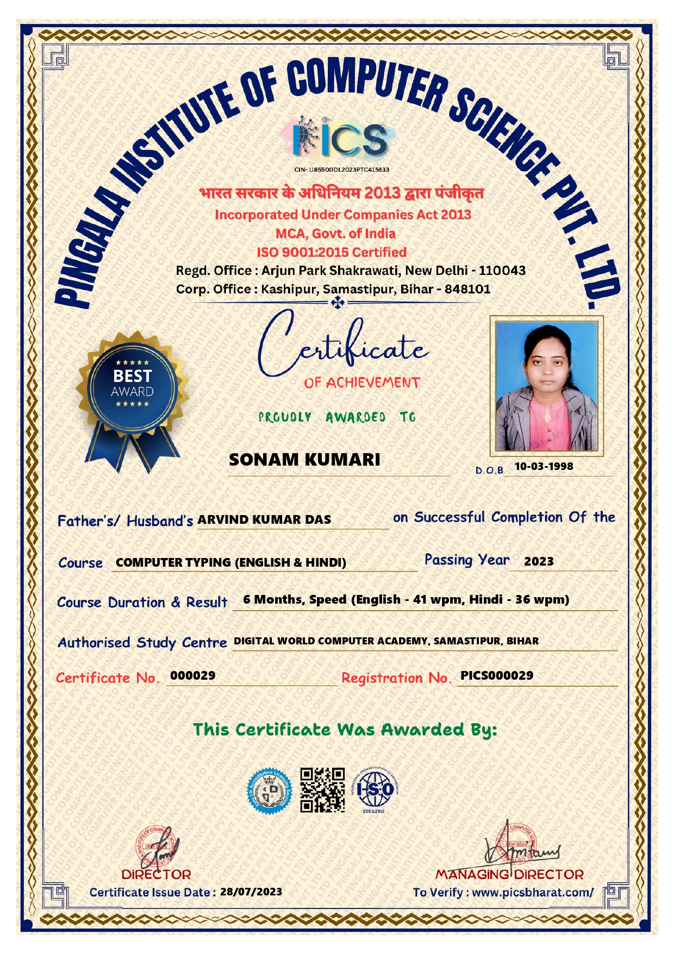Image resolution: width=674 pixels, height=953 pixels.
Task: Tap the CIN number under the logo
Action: pyautogui.click(x=341, y=170)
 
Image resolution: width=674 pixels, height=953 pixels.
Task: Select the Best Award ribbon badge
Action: pyautogui.click(x=132, y=397)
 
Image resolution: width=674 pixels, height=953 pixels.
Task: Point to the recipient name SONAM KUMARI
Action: pyautogui.click(x=304, y=460)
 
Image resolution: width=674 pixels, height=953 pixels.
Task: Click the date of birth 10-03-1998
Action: pyautogui.click(x=544, y=466)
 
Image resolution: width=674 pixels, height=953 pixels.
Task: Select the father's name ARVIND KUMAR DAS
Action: pyautogui.click(x=264, y=519)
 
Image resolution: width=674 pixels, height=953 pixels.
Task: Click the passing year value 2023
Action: pyautogui.click(x=539, y=561)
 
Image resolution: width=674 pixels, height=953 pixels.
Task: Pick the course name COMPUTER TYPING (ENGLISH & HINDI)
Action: pyautogui.click(x=231, y=562)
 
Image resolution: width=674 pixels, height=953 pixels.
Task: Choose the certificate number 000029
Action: pyautogui.click(x=193, y=675)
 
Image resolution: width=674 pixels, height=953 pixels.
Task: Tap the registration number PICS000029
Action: pyautogui.click(x=497, y=675)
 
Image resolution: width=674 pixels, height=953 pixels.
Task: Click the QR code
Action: pyautogui.click(x=322, y=789)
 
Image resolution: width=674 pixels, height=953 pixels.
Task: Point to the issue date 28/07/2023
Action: pyautogui.click(x=251, y=892)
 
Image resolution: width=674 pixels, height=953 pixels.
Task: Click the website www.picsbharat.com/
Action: pyautogui.click(x=533, y=892)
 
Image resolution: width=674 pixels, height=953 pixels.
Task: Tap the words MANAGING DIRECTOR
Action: pyautogui.click(x=509, y=875)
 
